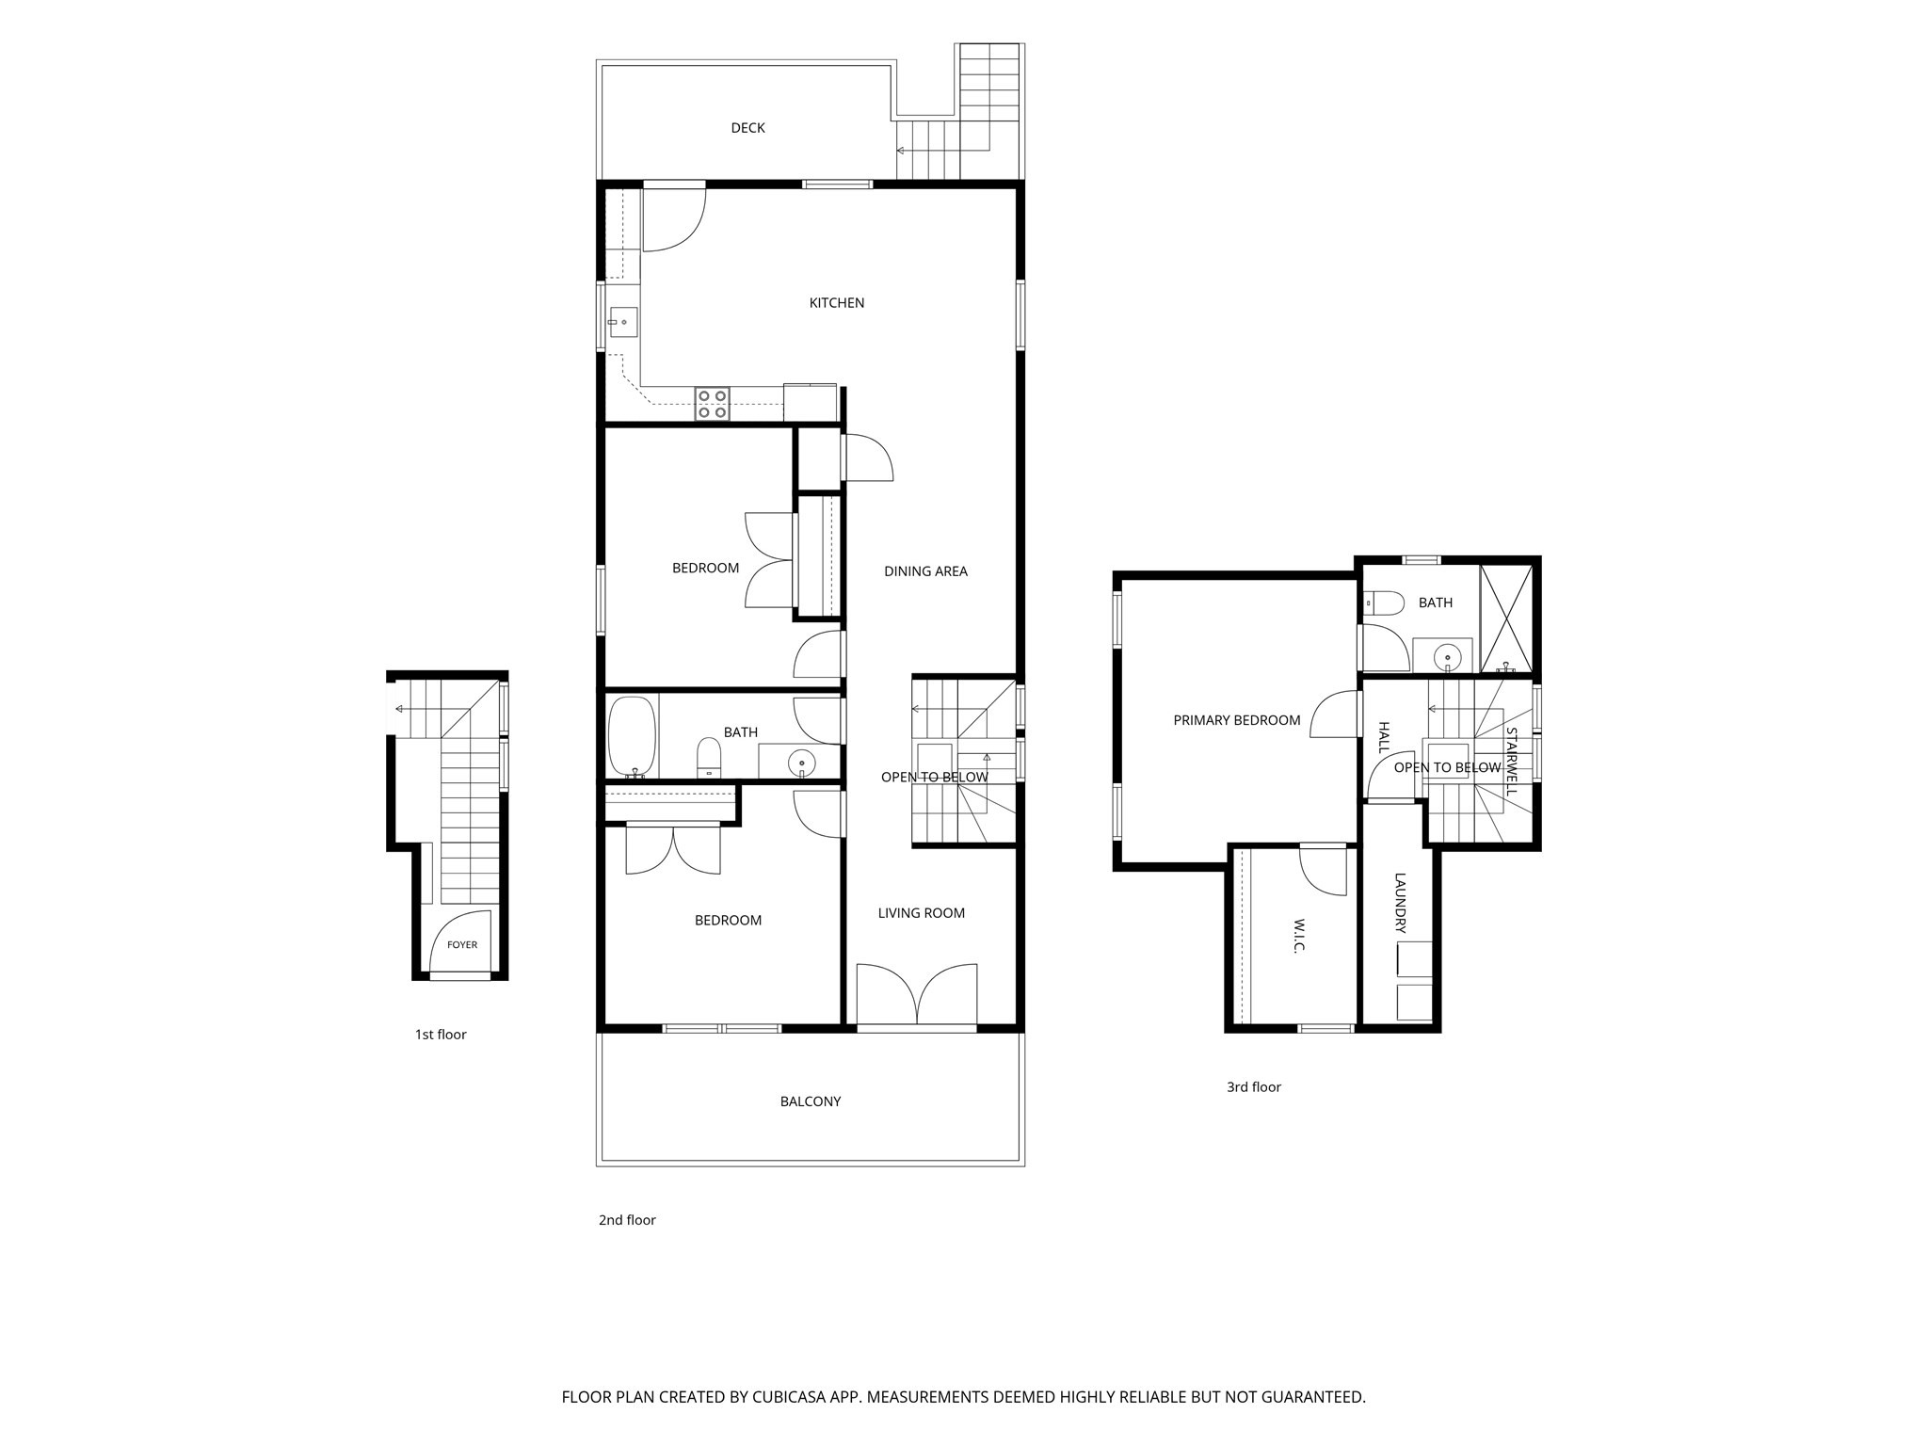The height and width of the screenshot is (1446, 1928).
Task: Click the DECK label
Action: [x=747, y=128]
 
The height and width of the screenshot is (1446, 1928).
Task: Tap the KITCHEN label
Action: [x=837, y=303]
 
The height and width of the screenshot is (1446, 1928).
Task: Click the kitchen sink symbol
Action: [x=622, y=322]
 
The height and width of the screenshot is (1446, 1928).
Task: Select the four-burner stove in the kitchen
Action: [x=713, y=404]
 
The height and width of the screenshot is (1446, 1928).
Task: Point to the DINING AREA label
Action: [x=925, y=571]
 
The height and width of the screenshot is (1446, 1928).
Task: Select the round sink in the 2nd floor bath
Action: [x=801, y=762]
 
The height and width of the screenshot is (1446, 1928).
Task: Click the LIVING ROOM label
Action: [x=922, y=913]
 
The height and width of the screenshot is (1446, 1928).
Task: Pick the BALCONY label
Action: [x=811, y=1101]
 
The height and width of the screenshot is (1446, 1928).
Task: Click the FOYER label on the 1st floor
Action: [x=462, y=945]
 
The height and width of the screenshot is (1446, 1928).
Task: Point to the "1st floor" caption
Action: [x=441, y=1035]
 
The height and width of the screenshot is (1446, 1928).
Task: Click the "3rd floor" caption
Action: [x=1254, y=1087]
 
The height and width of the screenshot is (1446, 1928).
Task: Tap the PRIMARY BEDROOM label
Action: [x=1237, y=721]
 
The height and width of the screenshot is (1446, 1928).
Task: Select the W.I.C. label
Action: [x=1298, y=936]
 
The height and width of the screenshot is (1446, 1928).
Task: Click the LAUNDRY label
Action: [x=1400, y=904]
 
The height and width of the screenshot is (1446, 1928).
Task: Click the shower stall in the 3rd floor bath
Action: [x=1506, y=619]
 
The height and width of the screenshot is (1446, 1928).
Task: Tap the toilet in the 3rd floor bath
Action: [x=1383, y=602]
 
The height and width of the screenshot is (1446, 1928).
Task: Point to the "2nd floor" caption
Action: [x=627, y=1220]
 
